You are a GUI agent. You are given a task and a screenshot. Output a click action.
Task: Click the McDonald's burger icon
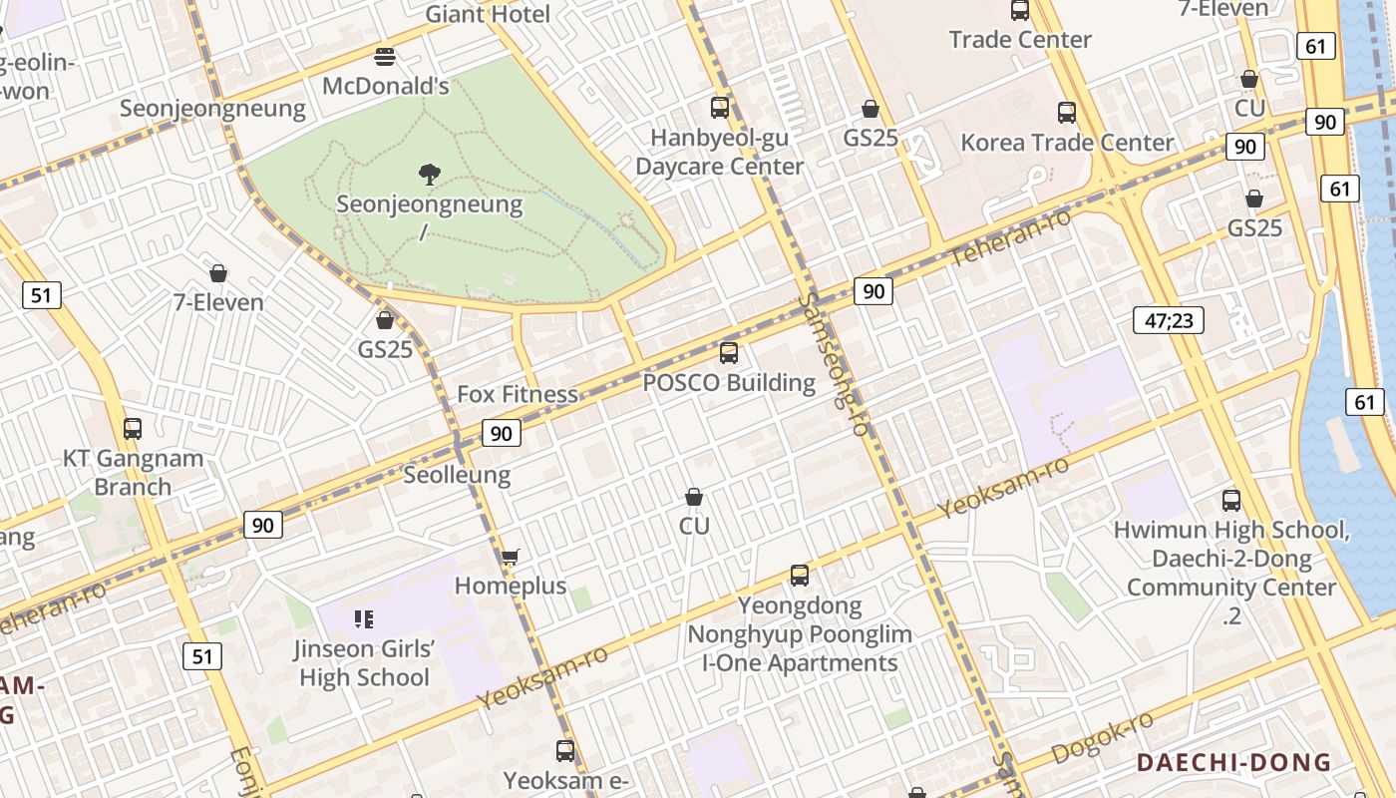(385, 56)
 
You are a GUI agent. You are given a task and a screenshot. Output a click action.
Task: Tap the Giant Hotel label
(488, 14)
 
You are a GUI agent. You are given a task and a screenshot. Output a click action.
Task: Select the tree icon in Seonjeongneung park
(430, 176)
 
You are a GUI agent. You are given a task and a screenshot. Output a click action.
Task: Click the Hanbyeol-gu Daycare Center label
(719, 152)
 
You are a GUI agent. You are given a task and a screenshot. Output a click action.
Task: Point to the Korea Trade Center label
(1067, 143)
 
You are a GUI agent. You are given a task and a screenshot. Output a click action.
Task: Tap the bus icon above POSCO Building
(729, 352)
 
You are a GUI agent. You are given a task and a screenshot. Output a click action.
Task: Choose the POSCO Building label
(729, 382)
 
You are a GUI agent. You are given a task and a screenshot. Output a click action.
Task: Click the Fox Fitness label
(518, 394)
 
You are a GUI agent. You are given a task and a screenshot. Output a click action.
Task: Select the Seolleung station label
(457, 475)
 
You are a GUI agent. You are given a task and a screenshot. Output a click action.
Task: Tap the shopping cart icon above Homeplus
(511, 557)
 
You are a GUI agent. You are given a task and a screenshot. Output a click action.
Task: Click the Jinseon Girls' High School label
(364, 663)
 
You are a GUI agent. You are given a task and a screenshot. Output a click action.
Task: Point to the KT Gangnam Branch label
(133, 473)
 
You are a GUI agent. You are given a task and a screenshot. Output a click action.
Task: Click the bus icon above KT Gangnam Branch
(133, 429)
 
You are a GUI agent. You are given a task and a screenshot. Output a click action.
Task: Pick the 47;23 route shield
(1169, 320)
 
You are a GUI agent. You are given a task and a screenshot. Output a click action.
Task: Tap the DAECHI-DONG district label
(1234, 763)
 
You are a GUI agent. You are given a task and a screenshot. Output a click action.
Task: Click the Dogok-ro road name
(1104, 739)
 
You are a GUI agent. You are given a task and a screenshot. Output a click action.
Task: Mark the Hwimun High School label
(1232, 530)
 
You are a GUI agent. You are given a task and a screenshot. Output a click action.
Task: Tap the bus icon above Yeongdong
(800, 576)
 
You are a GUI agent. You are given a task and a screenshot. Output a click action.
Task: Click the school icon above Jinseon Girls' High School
(364, 619)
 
